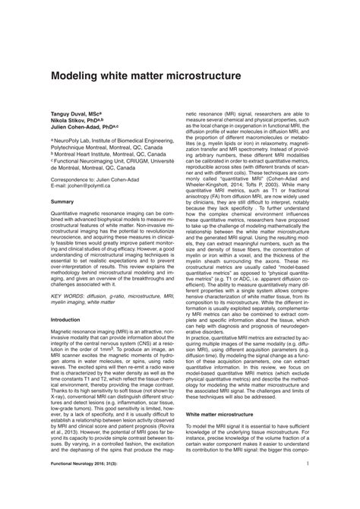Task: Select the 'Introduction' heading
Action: click(67, 320)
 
